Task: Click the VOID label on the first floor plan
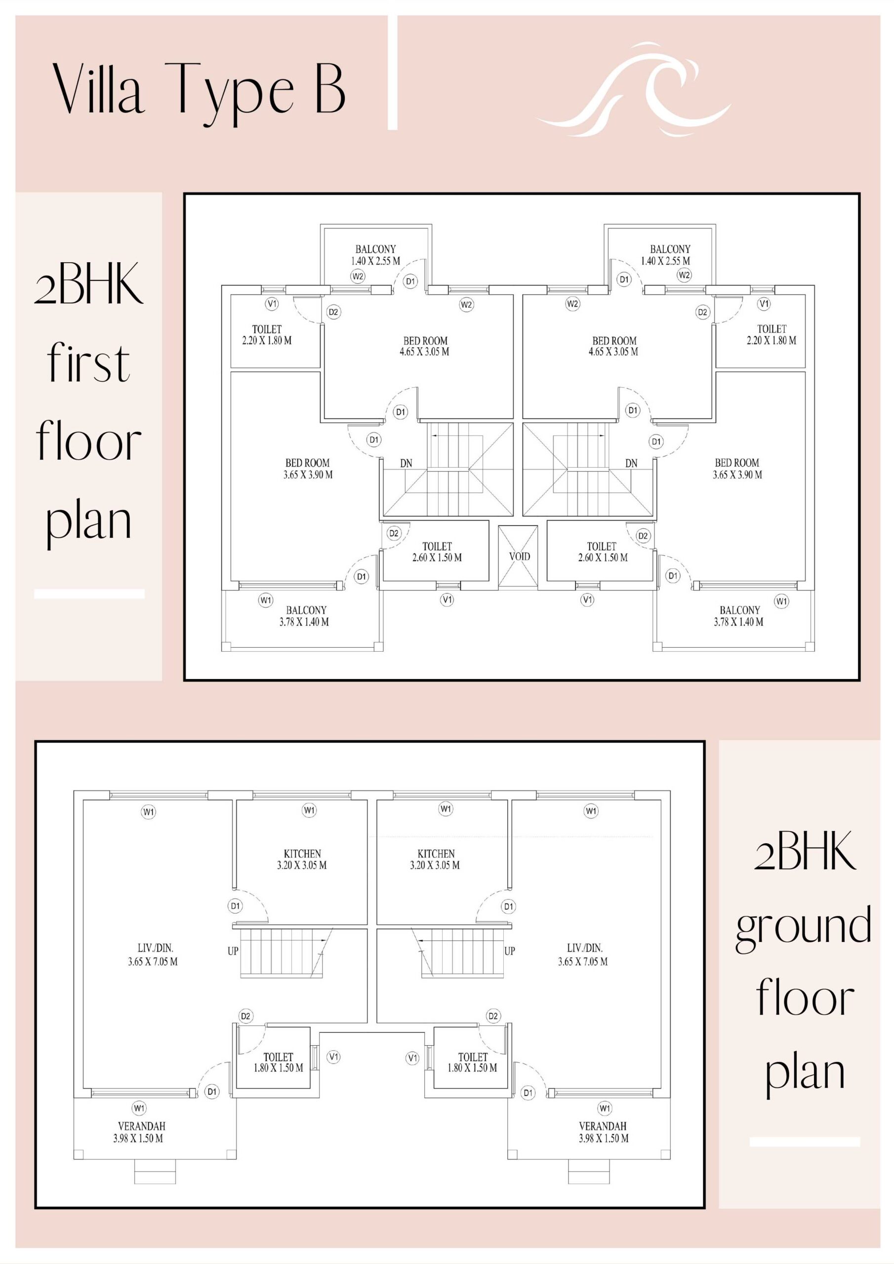(x=520, y=556)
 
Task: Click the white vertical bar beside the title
(x=392, y=72)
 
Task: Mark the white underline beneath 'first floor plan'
(x=89, y=593)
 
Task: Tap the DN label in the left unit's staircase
(x=406, y=463)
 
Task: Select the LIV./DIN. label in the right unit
(x=583, y=955)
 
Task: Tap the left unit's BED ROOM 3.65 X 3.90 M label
(x=308, y=469)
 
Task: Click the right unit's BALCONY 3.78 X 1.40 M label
(x=739, y=616)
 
